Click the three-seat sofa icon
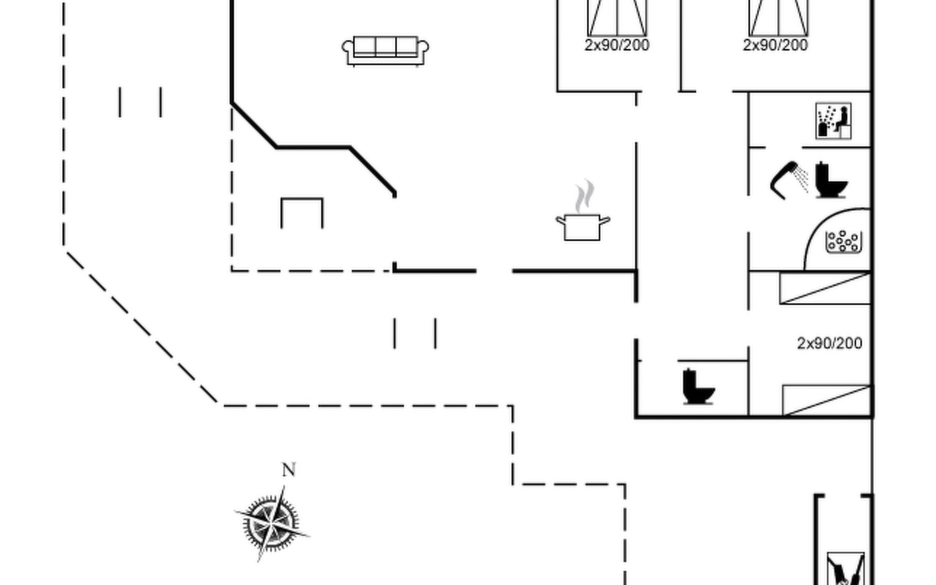pyautogui.click(x=385, y=51)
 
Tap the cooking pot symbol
pyautogui.click(x=583, y=227)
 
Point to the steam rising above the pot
pyautogui.click(x=584, y=196)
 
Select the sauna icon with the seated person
pyautogui.click(x=833, y=120)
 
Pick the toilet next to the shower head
pyautogui.click(x=831, y=180)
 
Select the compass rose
pyautogui.click(x=272, y=524)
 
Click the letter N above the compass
pyautogui.click(x=289, y=469)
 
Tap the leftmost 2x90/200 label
pyautogui.click(x=617, y=45)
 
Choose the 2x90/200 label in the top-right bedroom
pyautogui.click(x=775, y=45)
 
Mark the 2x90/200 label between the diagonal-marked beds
pyautogui.click(x=829, y=343)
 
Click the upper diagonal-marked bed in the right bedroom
pyautogui.click(x=825, y=288)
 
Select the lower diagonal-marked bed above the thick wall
pyautogui.click(x=827, y=400)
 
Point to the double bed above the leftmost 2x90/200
pyautogui.click(x=617, y=18)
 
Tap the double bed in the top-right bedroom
pyautogui.click(x=778, y=18)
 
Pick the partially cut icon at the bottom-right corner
pyautogui.click(x=846, y=568)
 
